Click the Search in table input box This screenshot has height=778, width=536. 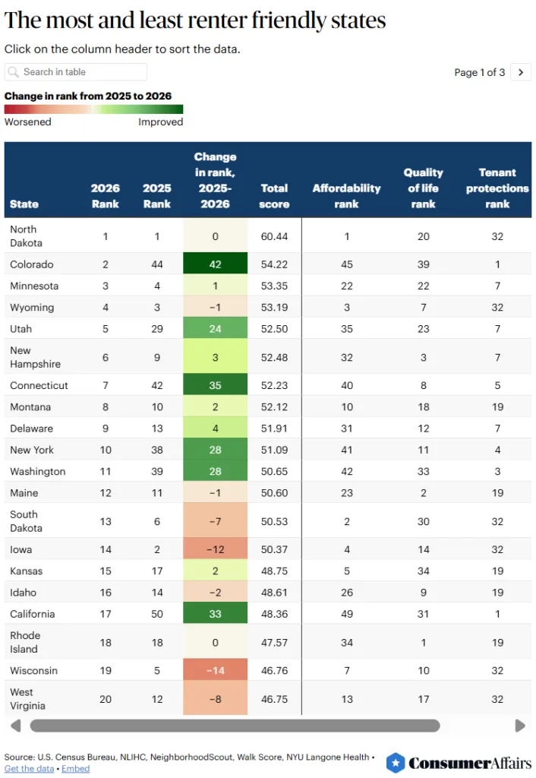tap(76, 72)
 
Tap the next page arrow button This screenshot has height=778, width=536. tap(521, 72)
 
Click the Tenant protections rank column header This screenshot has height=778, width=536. tap(497, 188)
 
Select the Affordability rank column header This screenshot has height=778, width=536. tap(346, 196)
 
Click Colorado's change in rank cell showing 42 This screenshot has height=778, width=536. tap(215, 264)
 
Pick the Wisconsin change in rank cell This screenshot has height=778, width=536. tap(215, 671)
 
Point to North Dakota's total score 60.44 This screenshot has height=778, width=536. tap(274, 236)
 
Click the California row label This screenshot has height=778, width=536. tap(33, 614)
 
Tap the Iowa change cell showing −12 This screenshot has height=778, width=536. tap(215, 549)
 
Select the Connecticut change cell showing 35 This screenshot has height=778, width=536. tap(215, 385)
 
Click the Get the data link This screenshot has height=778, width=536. tap(29, 769)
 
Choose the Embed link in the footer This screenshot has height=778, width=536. tap(75, 769)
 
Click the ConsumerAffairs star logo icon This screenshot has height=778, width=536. tap(395, 763)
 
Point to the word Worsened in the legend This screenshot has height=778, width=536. tap(27, 122)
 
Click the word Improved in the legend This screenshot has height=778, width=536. tap(160, 122)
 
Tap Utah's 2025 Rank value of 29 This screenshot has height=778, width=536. tap(156, 329)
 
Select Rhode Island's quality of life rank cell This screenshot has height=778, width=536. tap(423, 643)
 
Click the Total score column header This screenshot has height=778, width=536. tap(274, 196)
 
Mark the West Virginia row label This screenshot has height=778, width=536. tap(27, 699)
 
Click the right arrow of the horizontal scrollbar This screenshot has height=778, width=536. tap(520, 726)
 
